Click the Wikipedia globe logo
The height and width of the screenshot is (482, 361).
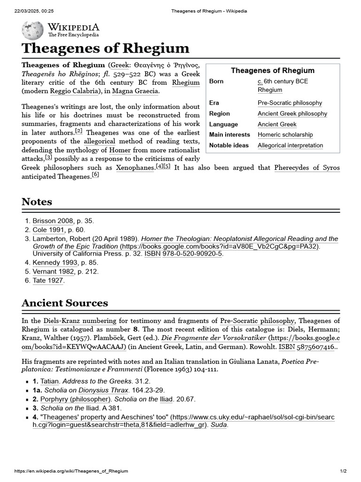pyautogui.click(x=32, y=30)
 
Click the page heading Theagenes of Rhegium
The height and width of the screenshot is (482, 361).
pyautogui.click(x=105, y=48)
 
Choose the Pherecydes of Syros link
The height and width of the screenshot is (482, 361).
pyautogui.click(x=307, y=168)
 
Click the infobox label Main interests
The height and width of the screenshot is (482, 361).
pyautogui.click(x=229, y=135)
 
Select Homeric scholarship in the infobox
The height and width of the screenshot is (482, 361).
pyautogui.click(x=285, y=135)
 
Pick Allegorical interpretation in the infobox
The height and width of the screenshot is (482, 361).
pyautogui.click(x=290, y=145)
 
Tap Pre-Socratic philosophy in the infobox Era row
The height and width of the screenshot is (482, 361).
pyautogui.click(x=290, y=103)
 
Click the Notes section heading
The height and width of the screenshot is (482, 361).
pyautogui.click(x=37, y=201)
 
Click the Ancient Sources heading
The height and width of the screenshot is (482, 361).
pyautogui.click(x=65, y=303)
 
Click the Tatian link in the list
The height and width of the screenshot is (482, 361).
pyautogui.click(x=49, y=381)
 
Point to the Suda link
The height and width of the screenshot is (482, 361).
pyautogui.click(x=219, y=425)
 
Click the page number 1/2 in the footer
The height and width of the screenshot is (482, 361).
pyautogui.click(x=343, y=471)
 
